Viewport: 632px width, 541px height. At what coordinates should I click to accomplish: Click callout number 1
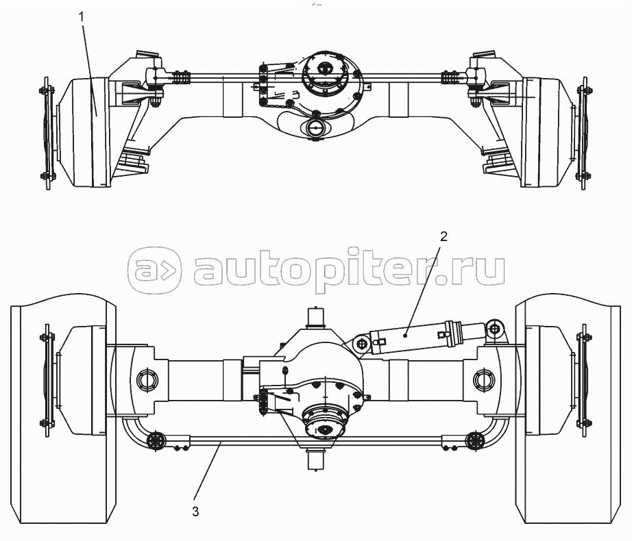(82, 17)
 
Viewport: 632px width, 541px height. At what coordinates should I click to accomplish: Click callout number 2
(443, 236)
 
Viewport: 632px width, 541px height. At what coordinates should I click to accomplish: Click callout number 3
(195, 512)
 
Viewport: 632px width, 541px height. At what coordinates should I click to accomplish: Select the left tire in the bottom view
(63, 408)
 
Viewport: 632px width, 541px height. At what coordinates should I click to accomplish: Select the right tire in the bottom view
(568, 408)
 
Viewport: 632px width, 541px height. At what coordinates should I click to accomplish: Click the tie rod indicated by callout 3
(315, 442)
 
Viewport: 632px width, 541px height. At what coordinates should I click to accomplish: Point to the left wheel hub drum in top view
(84, 132)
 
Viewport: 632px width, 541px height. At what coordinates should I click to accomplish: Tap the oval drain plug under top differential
(315, 129)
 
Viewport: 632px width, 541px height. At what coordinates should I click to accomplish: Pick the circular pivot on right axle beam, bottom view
(484, 379)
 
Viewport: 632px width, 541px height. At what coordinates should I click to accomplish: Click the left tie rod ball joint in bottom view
(156, 440)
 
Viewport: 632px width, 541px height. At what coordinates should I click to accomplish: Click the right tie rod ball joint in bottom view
(474, 440)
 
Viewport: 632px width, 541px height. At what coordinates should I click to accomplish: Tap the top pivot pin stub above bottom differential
(316, 318)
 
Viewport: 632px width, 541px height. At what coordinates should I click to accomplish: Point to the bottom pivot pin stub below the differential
(316, 460)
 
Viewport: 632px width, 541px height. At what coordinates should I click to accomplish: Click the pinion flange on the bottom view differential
(324, 422)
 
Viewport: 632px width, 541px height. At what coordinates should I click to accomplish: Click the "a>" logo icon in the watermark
(154, 270)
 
